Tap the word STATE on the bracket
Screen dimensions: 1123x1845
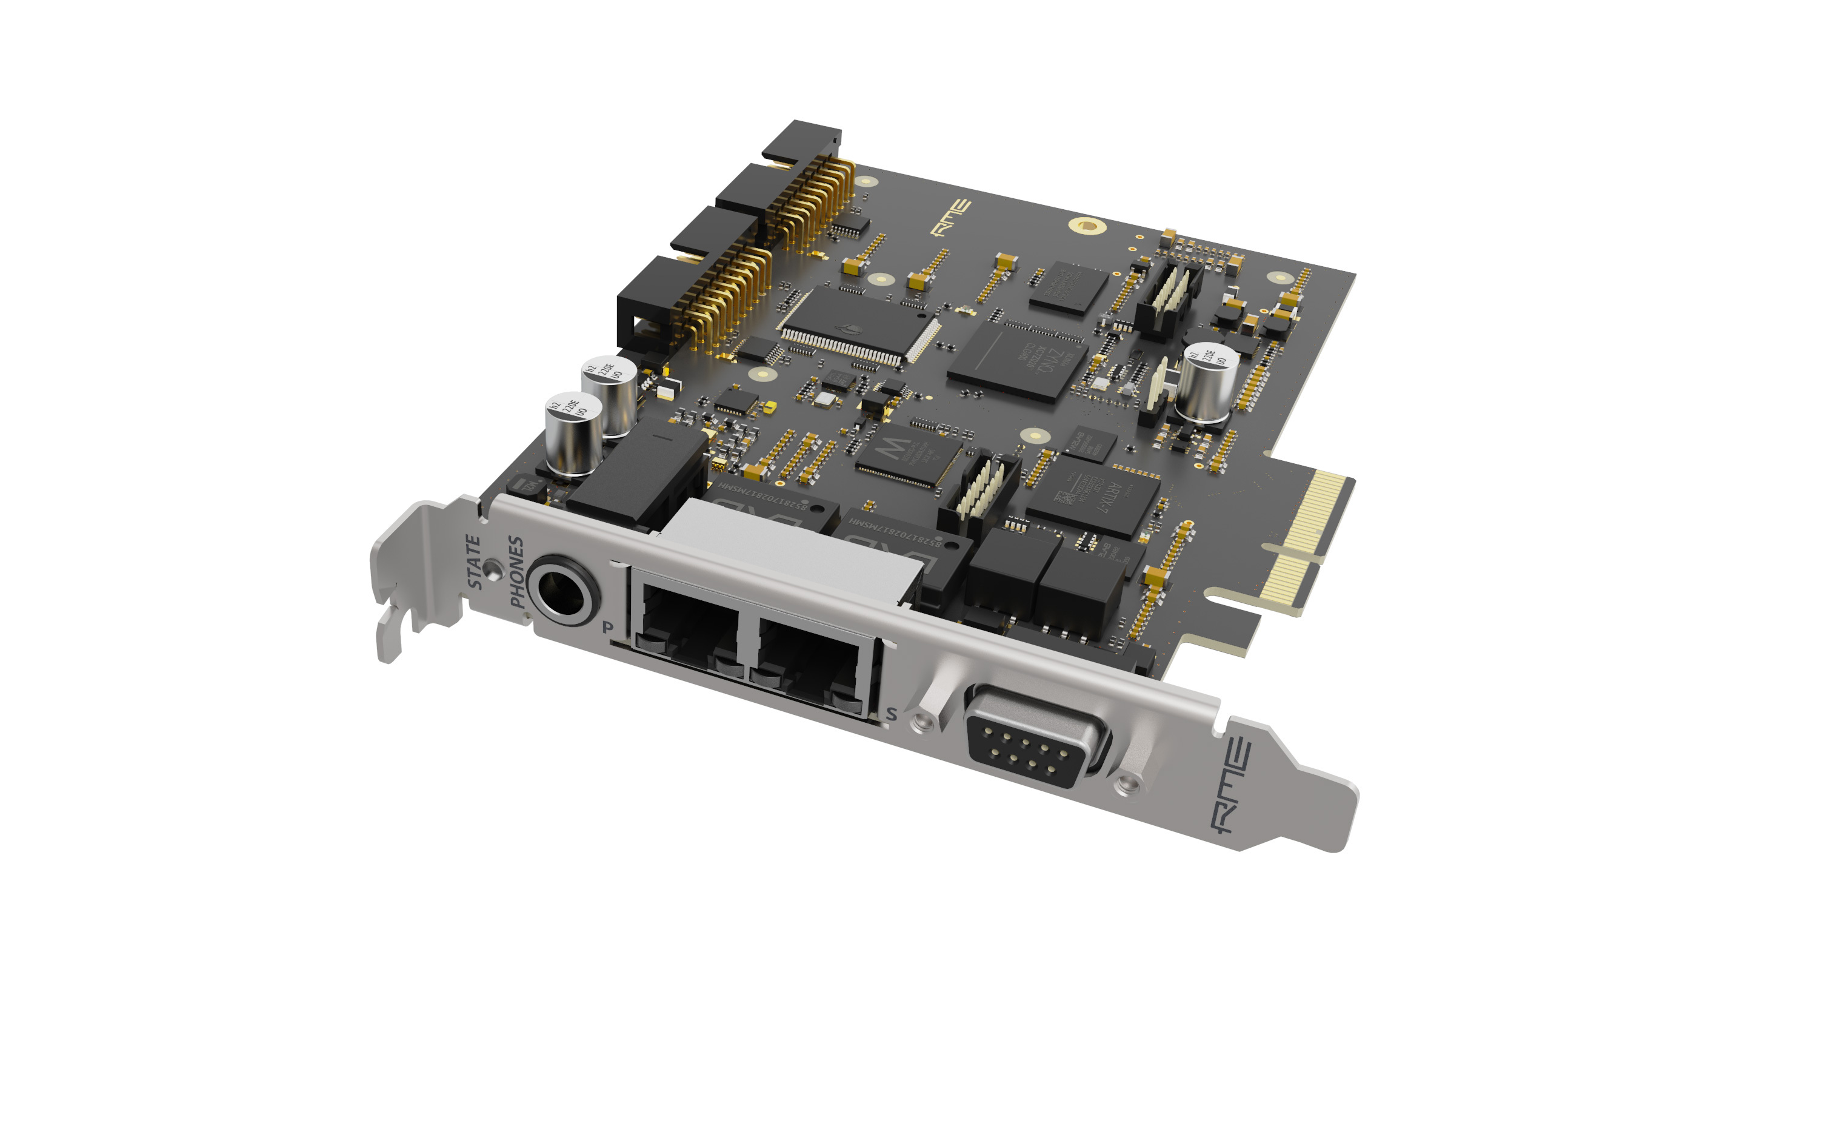pos(474,562)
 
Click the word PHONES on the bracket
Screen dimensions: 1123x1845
pos(516,572)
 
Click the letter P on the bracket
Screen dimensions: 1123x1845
pos(608,627)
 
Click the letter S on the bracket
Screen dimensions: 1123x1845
pos(891,714)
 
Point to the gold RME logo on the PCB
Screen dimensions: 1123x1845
pos(951,216)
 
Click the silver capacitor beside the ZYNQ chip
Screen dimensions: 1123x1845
pos(1206,382)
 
